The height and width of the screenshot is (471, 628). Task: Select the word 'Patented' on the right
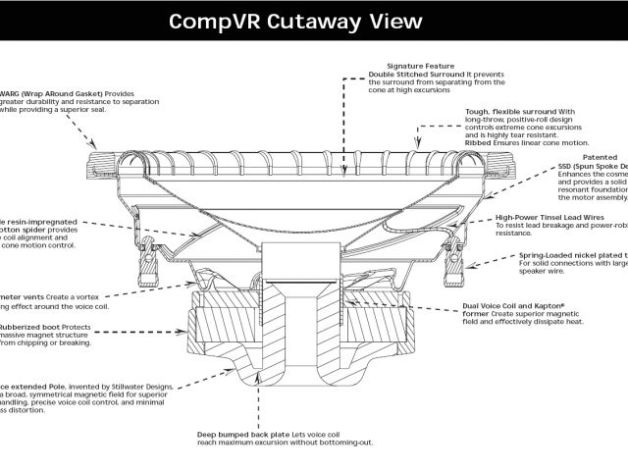tap(600, 157)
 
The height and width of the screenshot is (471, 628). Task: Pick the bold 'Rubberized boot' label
tap(29, 326)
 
